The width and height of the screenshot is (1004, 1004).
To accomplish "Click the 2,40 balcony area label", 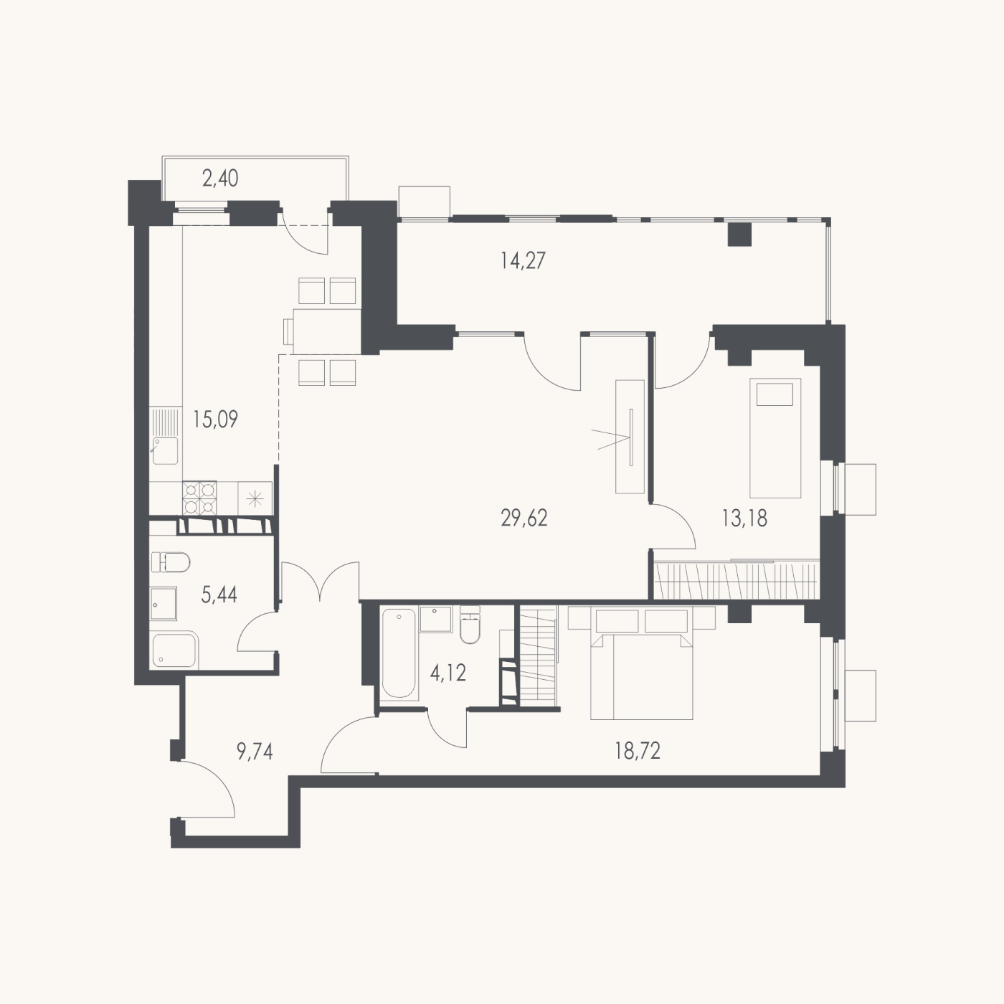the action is click(x=220, y=178).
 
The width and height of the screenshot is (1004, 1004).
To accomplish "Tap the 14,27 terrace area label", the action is click(x=523, y=260).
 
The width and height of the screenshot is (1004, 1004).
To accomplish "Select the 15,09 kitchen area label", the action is click(x=215, y=419).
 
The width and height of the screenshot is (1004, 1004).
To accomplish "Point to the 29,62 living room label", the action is click(x=524, y=518).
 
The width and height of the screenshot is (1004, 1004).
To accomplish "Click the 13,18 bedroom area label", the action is click(x=744, y=518).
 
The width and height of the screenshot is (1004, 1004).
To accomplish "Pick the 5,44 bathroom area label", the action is click(x=219, y=595).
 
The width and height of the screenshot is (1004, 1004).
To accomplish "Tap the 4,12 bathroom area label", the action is click(x=447, y=673).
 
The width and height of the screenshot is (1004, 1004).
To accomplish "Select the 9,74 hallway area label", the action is click(x=255, y=752).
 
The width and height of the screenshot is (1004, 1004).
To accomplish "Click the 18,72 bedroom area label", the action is click(x=638, y=752).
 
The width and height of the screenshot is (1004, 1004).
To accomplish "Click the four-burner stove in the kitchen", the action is click(x=199, y=498).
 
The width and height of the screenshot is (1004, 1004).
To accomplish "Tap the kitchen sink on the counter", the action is click(x=165, y=450).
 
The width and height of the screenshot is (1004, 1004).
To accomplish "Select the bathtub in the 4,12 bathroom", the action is click(x=399, y=653).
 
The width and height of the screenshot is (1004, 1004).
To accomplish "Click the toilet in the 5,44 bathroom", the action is click(x=171, y=563).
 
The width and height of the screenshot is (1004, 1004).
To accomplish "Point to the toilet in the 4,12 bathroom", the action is click(x=470, y=625).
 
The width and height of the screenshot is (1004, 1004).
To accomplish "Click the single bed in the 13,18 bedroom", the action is click(x=775, y=438).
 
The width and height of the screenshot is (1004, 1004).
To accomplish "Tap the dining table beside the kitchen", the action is click(x=327, y=331).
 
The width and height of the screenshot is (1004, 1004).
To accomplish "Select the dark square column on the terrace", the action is click(x=740, y=235).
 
